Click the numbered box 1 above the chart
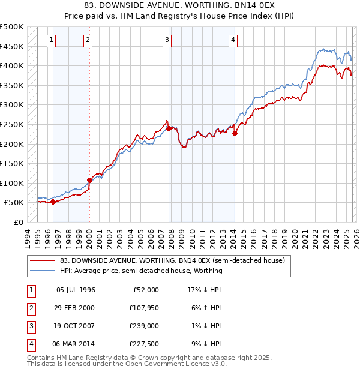point(51,40)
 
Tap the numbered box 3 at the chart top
point(167,40)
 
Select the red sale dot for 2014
point(235,134)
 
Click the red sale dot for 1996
point(53,202)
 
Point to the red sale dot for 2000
point(89,180)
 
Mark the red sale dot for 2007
point(169,128)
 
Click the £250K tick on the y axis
point(11,124)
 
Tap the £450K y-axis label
point(11,46)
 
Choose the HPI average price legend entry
point(141,271)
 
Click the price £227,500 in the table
point(142,344)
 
